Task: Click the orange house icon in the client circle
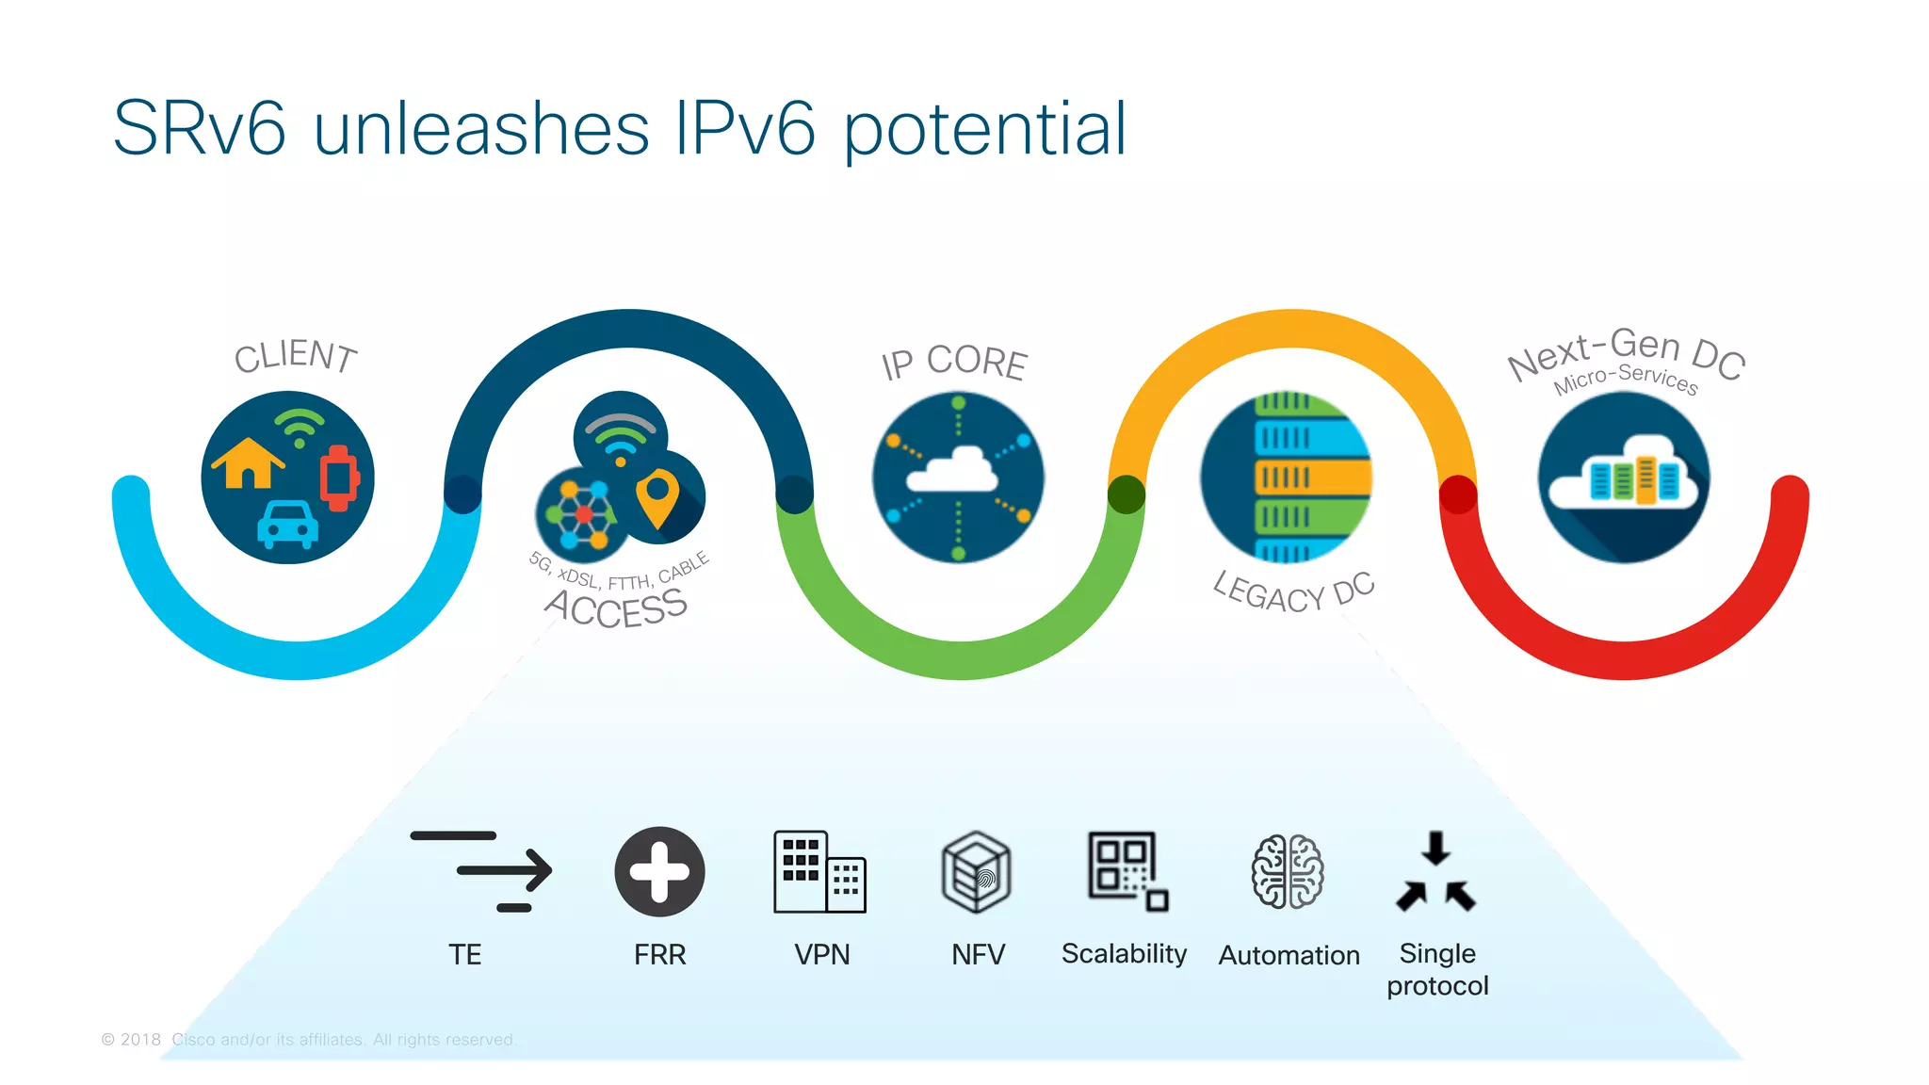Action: coord(248,462)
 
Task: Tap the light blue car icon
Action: coord(287,525)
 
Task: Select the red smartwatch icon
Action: coord(339,478)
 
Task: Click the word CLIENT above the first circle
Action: coord(296,356)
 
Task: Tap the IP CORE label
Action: coord(953,364)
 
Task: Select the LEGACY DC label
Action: coord(1293,592)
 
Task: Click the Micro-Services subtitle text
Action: coord(1626,379)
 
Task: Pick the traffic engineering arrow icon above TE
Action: coord(481,871)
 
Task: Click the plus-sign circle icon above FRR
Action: coord(659,871)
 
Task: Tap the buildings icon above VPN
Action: coord(819,871)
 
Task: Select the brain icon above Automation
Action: coord(1288,872)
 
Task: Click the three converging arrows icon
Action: coord(1435,872)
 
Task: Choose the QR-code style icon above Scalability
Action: coord(1127,871)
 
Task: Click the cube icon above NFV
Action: coord(977,872)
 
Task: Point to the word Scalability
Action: coord(1124,954)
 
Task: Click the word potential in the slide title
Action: coord(984,129)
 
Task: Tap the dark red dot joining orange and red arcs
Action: coord(1458,494)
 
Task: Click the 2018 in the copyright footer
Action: coord(140,1040)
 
